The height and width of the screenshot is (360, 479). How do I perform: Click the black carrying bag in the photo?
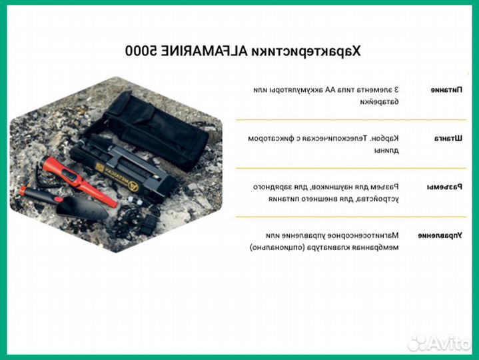157,127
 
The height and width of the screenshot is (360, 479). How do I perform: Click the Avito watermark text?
449,343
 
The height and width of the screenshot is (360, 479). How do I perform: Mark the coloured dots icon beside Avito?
417,343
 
